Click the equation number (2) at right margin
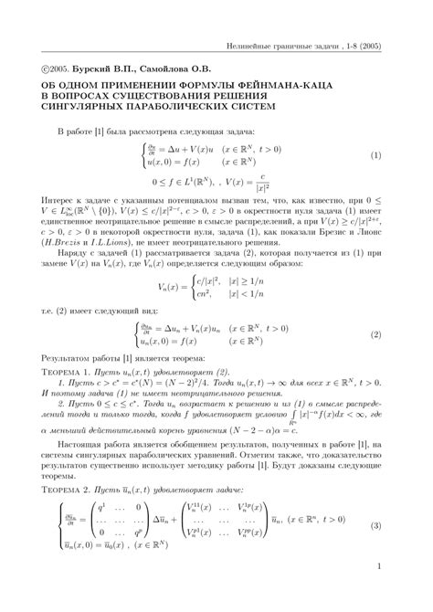pyautogui.click(x=375, y=334)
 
